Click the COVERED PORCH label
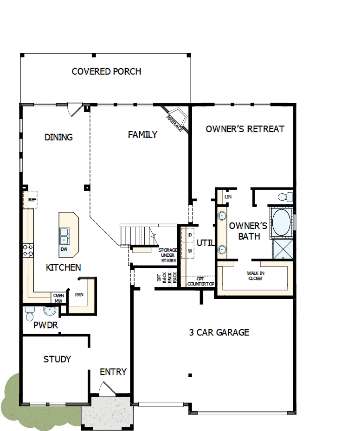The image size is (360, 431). [x=106, y=71]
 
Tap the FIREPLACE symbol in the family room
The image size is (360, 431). [x=176, y=119]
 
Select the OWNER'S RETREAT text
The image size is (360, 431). [x=244, y=129]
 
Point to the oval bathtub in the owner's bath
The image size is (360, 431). [x=281, y=222]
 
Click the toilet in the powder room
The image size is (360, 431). [x=30, y=313]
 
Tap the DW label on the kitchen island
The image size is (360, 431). [x=64, y=249]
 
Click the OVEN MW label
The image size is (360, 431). [x=58, y=298]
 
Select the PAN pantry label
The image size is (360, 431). [x=79, y=294]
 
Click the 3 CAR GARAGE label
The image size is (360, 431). [x=219, y=332]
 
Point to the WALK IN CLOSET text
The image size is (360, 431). [x=255, y=276]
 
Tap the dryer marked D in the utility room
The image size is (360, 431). [x=190, y=235]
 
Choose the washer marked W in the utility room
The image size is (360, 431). [x=190, y=251]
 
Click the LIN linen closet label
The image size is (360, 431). [x=228, y=196]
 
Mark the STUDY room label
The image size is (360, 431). [x=57, y=359]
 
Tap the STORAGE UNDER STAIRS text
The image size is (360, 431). [x=168, y=255]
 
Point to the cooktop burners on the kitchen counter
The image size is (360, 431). [x=28, y=250]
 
